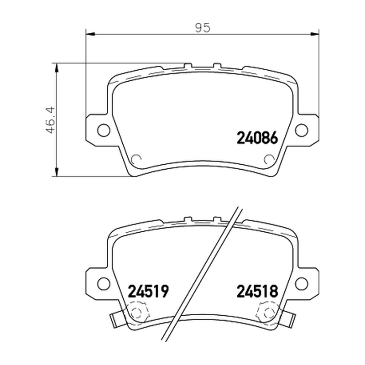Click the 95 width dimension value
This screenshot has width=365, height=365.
pyautogui.click(x=203, y=27)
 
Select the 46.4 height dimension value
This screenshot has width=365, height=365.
pyautogui.click(x=50, y=120)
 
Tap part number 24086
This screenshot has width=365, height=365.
pyautogui.click(x=257, y=138)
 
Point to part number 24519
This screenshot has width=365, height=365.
pyautogui.click(x=148, y=291)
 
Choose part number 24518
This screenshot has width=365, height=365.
pyautogui.click(x=257, y=291)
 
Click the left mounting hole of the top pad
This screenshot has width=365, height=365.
pyautogui.click(x=104, y=130)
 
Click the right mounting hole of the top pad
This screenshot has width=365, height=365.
pyautogui.click(x=302, y=130)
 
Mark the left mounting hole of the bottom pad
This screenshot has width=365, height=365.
pyautogui.click(x=104, y=284)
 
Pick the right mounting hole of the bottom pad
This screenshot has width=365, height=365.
pyautogui.click(x=302, y=284)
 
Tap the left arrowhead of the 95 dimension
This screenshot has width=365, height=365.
pyautogui.click(x=90, y=34)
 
